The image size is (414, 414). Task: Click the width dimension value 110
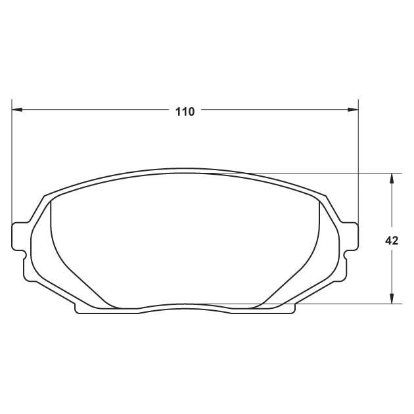[x=185, y=112]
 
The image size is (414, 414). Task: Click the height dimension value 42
[x=392, y=241]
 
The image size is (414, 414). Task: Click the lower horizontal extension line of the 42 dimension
[x=342, y=304]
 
